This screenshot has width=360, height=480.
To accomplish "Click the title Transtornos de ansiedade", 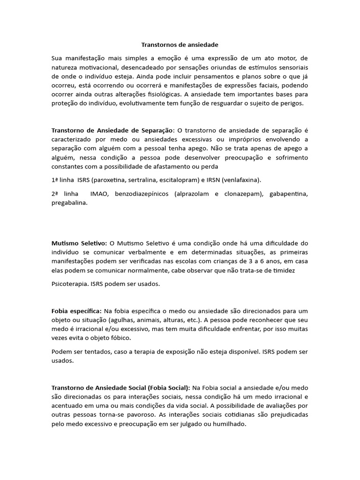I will point(180,45).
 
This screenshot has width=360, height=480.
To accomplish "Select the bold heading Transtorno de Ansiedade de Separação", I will point(112,130).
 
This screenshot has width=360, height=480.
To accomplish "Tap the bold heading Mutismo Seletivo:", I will point(79,243).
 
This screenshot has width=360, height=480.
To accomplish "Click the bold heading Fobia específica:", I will point(76,311).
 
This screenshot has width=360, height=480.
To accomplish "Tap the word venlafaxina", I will point(241,180).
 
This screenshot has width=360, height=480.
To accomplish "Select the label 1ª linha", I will point(63,180).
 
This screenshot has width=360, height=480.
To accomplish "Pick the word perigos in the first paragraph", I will point(292,103).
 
